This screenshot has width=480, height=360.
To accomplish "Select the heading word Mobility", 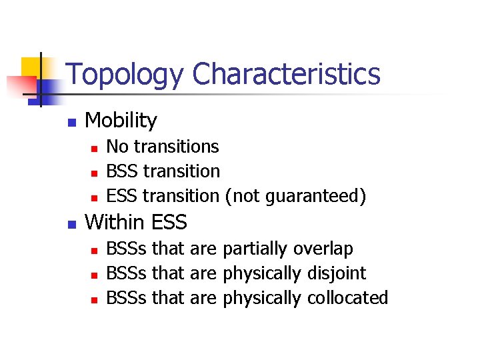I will pos(121,121).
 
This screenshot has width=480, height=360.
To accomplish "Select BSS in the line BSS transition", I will pos(123,171).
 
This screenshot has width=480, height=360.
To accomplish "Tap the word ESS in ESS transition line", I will pos(123,196).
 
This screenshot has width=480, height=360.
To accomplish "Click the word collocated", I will pos(347,298).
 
